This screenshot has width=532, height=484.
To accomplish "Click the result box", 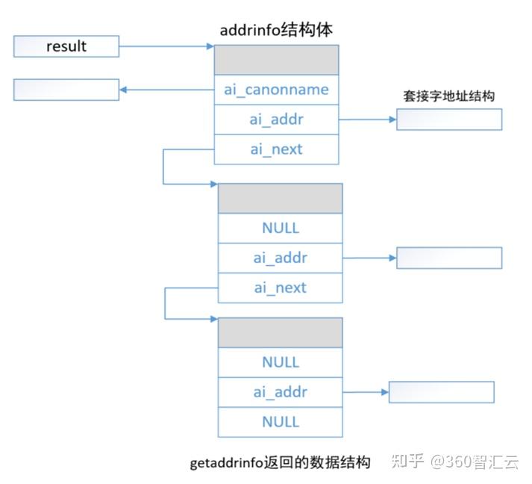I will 66,46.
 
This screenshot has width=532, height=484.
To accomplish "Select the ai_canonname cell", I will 276,90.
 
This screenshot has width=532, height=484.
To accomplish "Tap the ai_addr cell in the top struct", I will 276,120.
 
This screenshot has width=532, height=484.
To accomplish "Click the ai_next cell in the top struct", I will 276,149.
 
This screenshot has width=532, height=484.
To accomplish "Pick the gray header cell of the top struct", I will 276,60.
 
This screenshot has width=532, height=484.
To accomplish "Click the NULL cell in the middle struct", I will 280,228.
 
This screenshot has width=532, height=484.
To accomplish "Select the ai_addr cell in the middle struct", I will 280,258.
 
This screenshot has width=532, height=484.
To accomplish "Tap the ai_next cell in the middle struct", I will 280,288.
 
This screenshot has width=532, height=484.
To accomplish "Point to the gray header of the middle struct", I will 280,199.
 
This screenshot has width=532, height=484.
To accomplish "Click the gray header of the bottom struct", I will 280,332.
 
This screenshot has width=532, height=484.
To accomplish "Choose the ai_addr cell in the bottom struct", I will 280,392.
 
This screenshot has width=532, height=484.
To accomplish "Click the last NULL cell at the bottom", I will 280,422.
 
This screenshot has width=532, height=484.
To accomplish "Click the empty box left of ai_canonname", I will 66,90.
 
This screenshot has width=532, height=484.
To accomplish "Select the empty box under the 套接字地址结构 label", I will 449,120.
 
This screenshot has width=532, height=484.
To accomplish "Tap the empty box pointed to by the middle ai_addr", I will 449,258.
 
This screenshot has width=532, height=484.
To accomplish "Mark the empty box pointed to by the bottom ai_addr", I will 442,392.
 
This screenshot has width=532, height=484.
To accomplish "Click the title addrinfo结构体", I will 276,30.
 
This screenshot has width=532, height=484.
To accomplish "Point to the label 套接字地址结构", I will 449,96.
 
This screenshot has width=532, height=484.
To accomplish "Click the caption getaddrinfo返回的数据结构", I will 281,462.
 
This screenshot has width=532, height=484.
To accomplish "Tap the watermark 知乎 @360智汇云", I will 454,462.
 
